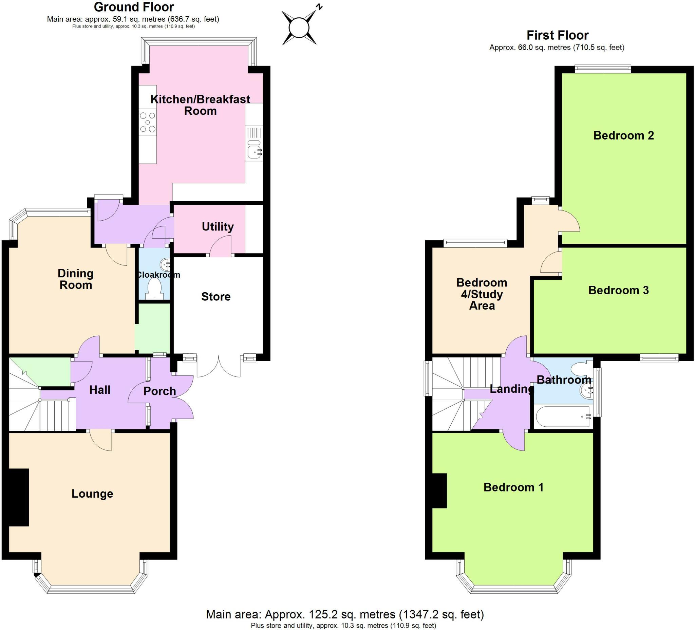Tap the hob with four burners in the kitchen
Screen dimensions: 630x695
tap(148, 123)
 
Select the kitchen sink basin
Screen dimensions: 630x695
tap(254, 151)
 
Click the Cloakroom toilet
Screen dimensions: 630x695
tap(154, 288)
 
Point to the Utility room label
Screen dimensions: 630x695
tap(218, 226)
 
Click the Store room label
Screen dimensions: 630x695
tap(216, 297)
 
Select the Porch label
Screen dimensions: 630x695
tap(159, 391)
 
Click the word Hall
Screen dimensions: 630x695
tap(100, 390)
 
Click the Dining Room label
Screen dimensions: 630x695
tap(75, 279)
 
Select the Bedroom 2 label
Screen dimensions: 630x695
tap(623, 135)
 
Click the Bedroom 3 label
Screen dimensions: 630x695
tap(618, 290)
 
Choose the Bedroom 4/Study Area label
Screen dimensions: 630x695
tap(482, 294)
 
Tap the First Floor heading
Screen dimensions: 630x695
tap(558, 35)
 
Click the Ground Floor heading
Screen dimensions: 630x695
tap(134, 7)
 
